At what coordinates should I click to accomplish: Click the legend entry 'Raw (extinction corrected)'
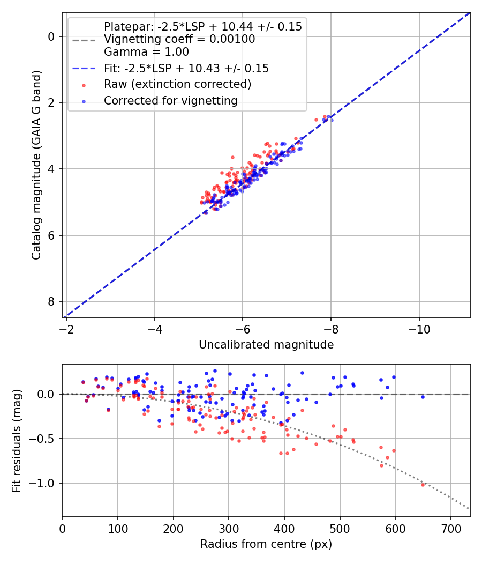[177, 84]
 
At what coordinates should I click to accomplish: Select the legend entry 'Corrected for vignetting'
[170, 100]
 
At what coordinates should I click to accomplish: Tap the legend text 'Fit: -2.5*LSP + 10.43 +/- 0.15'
[186, 68]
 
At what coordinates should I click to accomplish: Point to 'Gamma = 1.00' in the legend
[146, 52]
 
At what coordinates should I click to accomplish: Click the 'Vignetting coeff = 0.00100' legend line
[179, 39]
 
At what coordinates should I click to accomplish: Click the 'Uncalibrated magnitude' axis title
[266, 345]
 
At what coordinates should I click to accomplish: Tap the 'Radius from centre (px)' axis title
[266, 544]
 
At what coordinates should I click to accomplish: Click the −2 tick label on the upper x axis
[66, 328]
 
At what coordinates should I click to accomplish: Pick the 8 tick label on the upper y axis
[52, 302]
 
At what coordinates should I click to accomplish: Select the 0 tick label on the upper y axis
[52, 36]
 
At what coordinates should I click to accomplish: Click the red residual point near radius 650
[423, 485]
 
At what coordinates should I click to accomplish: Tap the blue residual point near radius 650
[423, 397]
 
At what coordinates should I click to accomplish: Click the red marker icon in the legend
[83, 85]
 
